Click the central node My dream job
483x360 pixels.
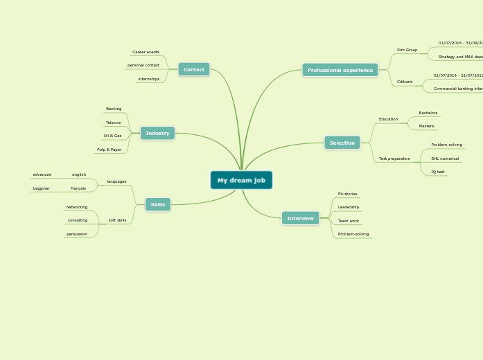pyautogui.click(x=241, y=180)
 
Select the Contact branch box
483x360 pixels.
pyautogui.click(x=194, y=69)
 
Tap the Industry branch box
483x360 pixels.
pyautogui.click(x=157, y=133)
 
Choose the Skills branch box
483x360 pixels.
pyautogui.click(x=158, y=204)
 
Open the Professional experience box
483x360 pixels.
pyautogui.click(x=340, y=70)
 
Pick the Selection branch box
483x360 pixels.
pyautogui.click(x=342, y=143)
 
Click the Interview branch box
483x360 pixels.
pyautogui.click(x=300, y=218)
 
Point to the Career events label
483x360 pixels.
pyautogui.click(x=146, y=52)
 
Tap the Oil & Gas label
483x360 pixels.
pyautogui.click(x=112, y=136)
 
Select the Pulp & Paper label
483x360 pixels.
pyautogui.click(x=109, y=150)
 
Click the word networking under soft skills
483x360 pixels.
pyautogui.click(x=77, y=207)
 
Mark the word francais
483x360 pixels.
pyautogui.click(x=78, y=188)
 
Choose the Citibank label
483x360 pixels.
pyautogui.click(x=405, y=82)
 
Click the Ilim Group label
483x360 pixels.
pyautogui.click(x=407, y=50)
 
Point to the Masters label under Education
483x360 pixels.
pyautogui.click(x=426, y=126)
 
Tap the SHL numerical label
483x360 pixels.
pyautogui.click(x=445, y=159)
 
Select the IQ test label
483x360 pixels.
pyautogui.click(x=438, y=172)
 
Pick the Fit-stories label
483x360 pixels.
pyautogui.click(x=348, y=194)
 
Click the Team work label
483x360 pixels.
pyautogui.click(x=349, y=221)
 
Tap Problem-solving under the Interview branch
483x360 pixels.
pyautogui.click(x=353, y=234)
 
